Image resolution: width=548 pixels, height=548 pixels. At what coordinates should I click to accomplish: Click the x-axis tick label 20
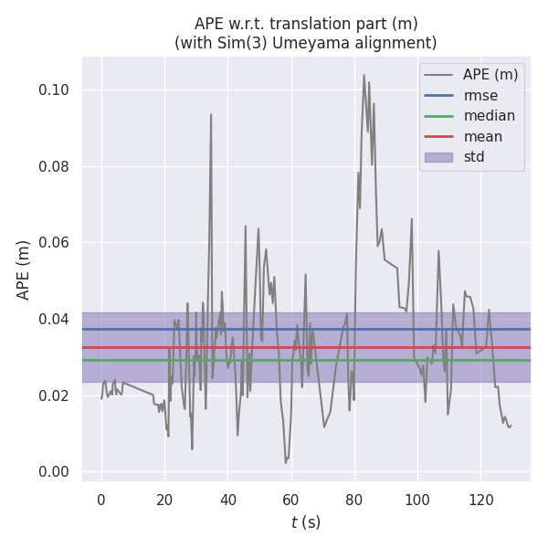164,500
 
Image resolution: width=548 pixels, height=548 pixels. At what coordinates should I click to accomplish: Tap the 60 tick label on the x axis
290,500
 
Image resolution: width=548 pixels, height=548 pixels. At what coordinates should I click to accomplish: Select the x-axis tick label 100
417,500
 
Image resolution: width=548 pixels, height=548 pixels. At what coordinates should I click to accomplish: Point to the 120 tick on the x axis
480,500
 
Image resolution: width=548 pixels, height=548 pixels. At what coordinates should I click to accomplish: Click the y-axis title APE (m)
24,269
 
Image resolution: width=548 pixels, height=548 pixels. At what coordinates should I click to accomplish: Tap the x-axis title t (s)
305,522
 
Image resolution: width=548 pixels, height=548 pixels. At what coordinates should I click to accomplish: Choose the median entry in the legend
489,116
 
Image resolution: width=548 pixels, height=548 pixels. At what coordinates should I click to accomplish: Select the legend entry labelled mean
482,136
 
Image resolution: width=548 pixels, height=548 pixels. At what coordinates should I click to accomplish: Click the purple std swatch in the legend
438,157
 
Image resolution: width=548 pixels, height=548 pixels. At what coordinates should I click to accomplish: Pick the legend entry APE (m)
489,74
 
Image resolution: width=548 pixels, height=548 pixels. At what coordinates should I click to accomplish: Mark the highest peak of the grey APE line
364,76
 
